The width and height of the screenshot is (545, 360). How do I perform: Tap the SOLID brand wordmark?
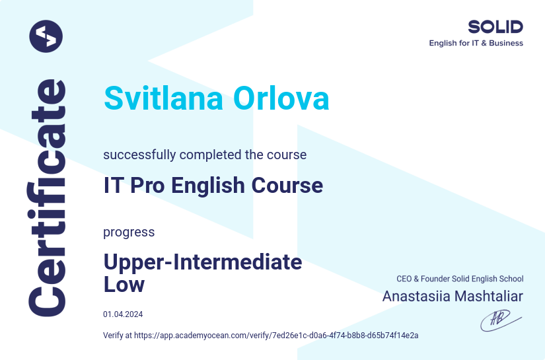click(495, 27)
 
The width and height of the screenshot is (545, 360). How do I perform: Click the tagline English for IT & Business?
click(476, 44)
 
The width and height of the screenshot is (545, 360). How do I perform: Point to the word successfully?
click(139, 155)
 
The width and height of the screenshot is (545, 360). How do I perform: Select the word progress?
click(129, 233)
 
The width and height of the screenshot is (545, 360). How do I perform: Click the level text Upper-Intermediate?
click(203, 262)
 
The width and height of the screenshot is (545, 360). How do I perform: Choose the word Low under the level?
click(124, 285)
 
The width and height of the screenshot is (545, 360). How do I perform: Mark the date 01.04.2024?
click(123, 314)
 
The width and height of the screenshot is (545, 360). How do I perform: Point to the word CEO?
click(404, 279)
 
